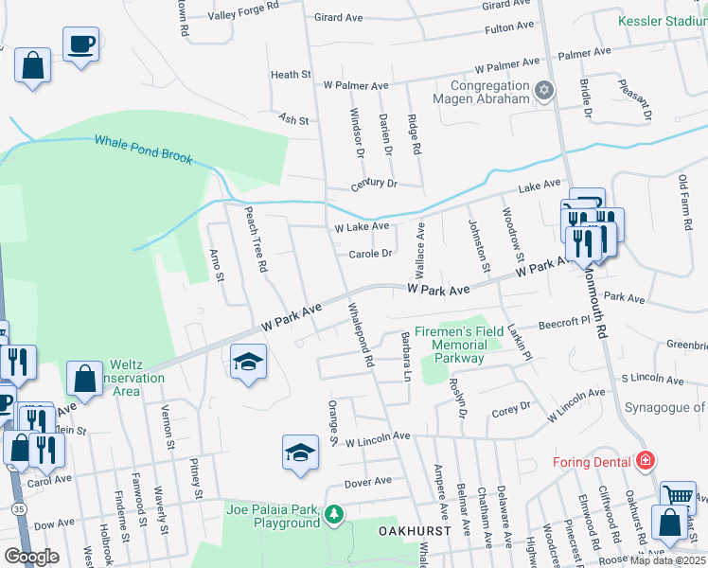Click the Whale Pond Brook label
[144, 150]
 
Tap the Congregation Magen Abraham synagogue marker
[543, 91]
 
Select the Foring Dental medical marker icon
[646, 462]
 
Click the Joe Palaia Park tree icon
[333, 515]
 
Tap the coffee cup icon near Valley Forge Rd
[80, 43]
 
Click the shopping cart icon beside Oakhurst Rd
[677, 495]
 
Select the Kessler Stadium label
[662, 20]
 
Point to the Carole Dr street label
[370, 254]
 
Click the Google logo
[31, 557]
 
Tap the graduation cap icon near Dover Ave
[299, 452]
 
